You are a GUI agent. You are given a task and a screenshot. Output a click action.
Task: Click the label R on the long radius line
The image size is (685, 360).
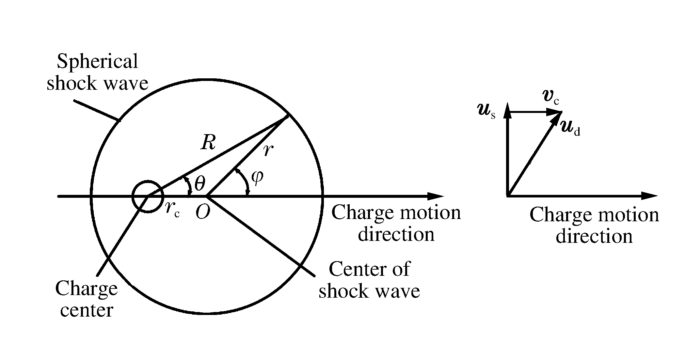208,143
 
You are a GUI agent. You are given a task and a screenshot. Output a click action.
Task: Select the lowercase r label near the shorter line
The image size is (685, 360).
268,150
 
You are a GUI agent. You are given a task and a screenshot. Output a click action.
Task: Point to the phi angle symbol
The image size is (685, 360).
257,178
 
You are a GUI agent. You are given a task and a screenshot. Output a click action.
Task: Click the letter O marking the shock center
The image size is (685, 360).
203,213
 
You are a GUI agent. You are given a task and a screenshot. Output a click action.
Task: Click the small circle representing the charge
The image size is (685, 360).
147,196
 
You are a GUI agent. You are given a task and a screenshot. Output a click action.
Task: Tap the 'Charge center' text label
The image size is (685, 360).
87,299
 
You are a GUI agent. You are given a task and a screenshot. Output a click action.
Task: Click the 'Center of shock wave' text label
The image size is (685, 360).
369,280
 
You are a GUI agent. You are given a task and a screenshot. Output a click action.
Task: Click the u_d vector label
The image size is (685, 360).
570,128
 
